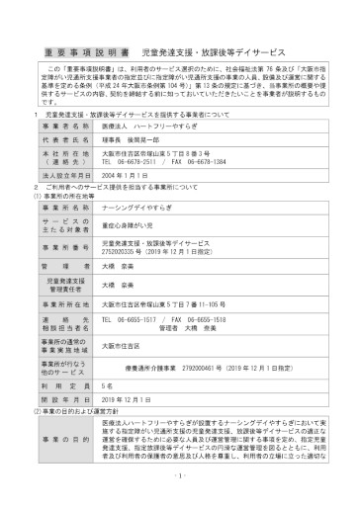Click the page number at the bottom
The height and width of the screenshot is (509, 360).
[x=179, y=501]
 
